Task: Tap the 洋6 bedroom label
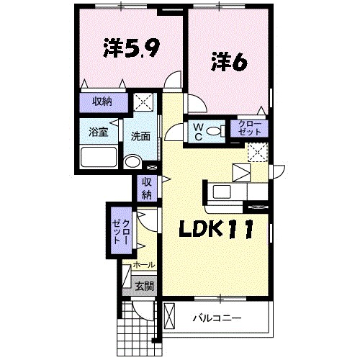pos(229,63)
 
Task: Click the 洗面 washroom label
pos(140,136)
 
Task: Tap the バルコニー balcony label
pos(217,317)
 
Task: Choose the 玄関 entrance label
pos(144,286)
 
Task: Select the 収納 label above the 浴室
pos(102,101)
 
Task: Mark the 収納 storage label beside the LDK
pos(146,188)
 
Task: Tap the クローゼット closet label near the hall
pos(121,231)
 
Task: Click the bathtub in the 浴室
pos(99,157)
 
